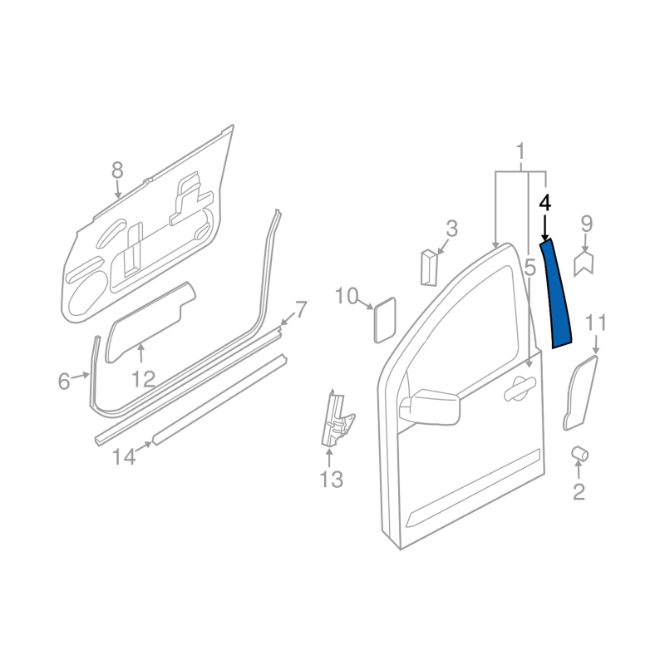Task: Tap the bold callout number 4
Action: (x=545, y=203)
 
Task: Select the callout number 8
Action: (x=117, y=171)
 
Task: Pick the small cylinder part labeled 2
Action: (x=579, y=454)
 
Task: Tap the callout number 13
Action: (x=331, y=480)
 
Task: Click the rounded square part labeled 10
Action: (x=385, y=319)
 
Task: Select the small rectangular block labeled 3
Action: (x=428, y=267)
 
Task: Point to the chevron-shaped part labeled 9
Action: (x=584, y=264)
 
